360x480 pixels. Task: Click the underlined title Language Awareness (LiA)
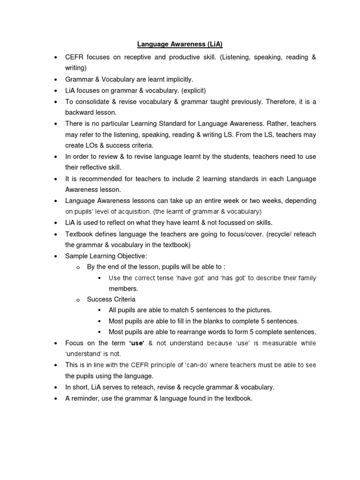(180, 45)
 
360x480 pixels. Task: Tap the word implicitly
(176, 79)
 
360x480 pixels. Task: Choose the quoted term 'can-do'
(189, 365)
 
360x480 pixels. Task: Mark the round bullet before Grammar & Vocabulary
(56, 80)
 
